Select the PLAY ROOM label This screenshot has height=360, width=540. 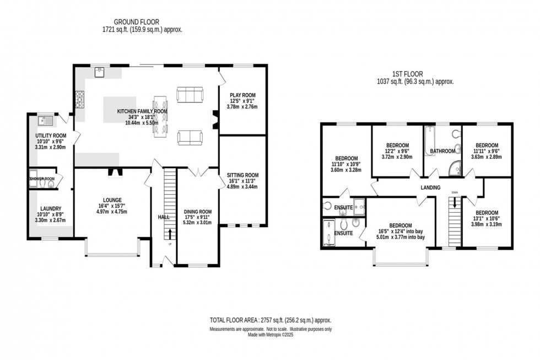(242, 94)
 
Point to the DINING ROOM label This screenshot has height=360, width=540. (198, 211)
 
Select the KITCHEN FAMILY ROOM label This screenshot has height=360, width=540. (142, 111)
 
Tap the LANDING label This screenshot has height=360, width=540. (430, 188)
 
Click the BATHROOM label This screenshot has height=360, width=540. (442, 151)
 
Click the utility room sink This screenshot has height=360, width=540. (44, 120)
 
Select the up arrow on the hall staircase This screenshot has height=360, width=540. (170, 235)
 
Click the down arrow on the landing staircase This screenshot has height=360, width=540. (454, 203)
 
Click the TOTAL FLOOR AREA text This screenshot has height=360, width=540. (270, 320)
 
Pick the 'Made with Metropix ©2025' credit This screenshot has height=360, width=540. (270, 334)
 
